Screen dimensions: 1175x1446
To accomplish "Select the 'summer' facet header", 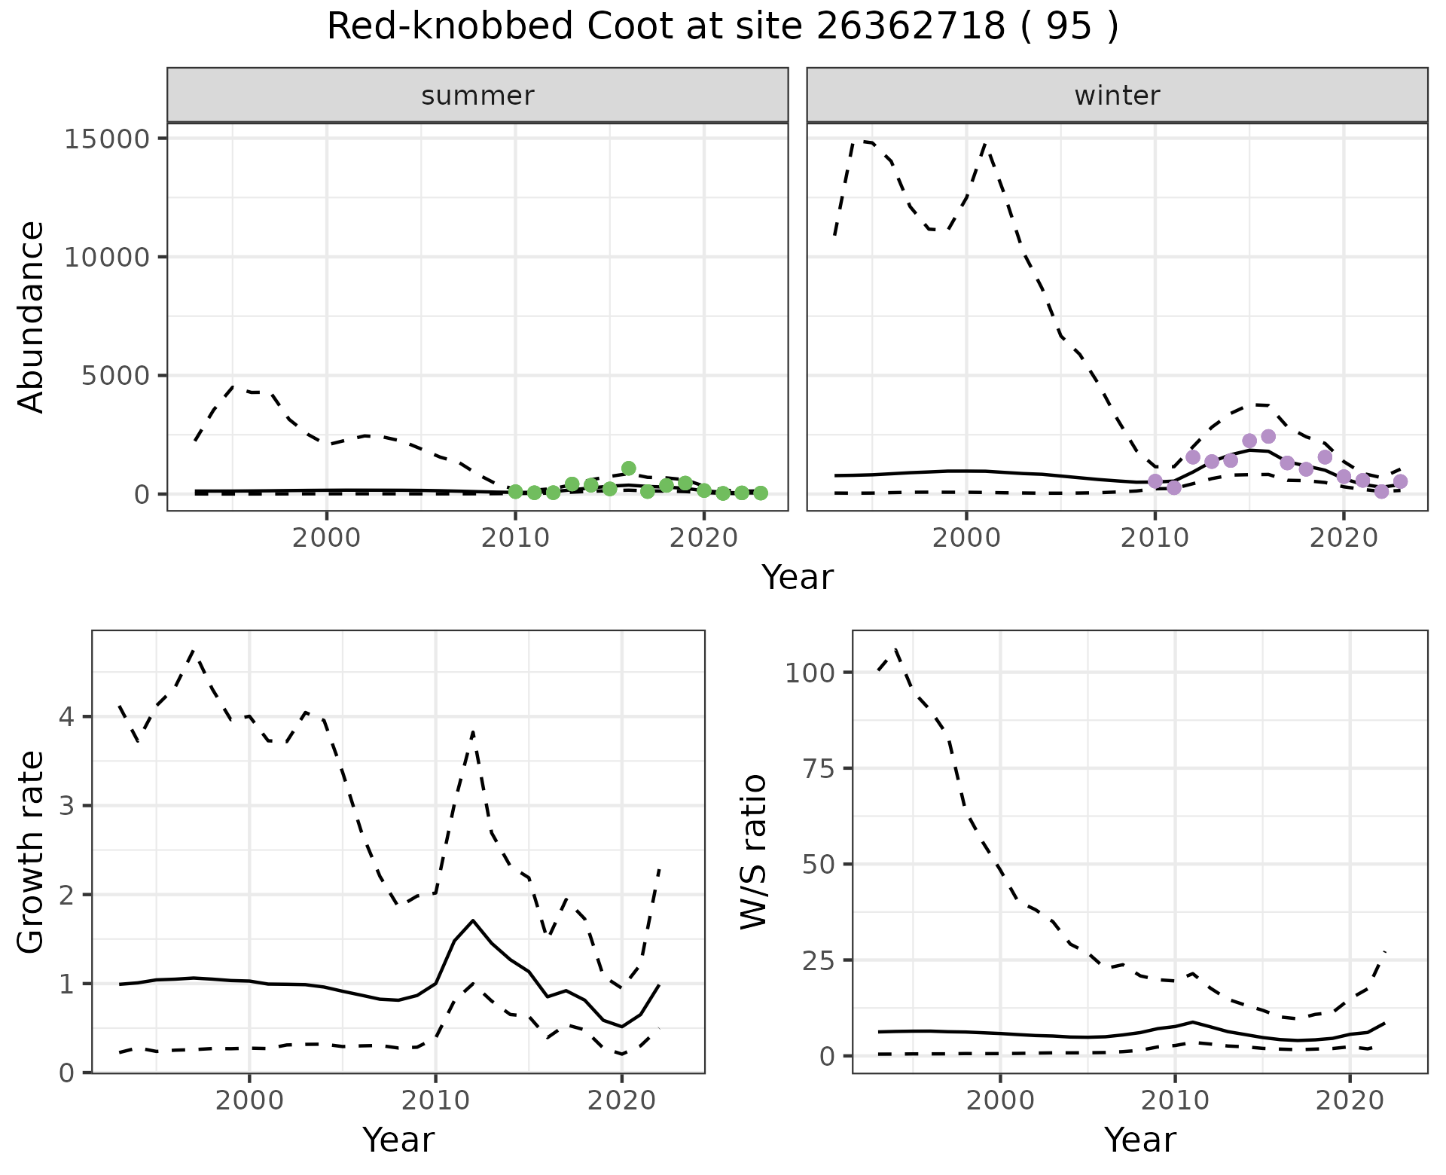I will click(x=477, y=96).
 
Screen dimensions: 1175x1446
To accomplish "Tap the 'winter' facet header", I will click(x=1117, y=96).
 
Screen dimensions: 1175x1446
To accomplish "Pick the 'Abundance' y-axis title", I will click(x=32, y=316).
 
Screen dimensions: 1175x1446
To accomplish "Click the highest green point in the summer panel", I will click(x=629, y=468).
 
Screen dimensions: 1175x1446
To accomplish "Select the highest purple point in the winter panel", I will click(x=1268, y=437).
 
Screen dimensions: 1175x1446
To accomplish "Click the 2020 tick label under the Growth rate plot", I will click(x=621, y=1100).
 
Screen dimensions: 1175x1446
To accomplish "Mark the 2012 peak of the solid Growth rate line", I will click(x=472, y=920).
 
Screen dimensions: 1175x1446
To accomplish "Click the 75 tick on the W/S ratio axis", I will click(x=819, y=768).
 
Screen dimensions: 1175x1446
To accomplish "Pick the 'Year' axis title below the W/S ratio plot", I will click(x=1139, y=1140).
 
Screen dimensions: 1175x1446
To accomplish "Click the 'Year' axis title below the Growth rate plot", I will click(x=398, y=1140).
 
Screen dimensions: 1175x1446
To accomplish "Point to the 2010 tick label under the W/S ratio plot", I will click(x=1175, y=1100).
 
